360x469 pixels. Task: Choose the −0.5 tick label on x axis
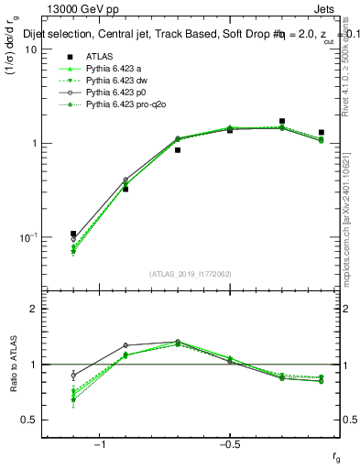229,443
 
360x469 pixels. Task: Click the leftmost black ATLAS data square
73,234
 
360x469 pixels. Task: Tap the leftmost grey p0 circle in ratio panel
73,375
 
